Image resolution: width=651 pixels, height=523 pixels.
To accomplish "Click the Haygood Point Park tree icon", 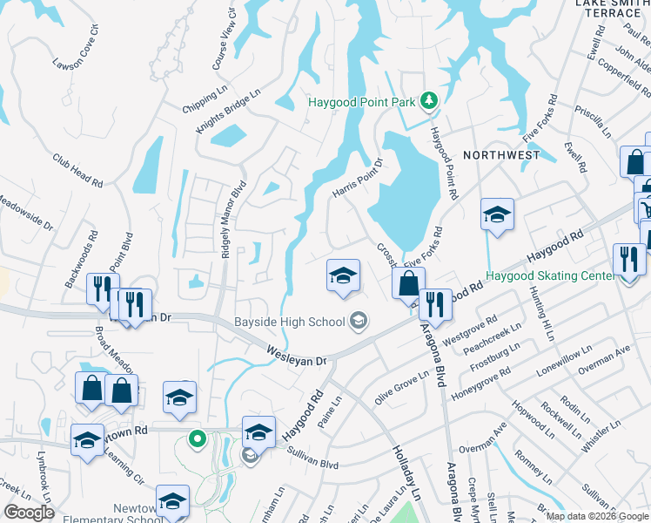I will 428,102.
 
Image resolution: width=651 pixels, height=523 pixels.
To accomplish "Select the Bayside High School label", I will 290,323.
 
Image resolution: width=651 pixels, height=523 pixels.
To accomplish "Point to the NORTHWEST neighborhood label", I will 501,155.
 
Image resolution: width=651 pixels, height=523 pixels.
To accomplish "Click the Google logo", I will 30,513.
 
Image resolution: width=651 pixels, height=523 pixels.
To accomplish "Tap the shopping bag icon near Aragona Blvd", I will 407,283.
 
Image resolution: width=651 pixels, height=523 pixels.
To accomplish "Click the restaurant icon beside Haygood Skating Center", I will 627,260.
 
